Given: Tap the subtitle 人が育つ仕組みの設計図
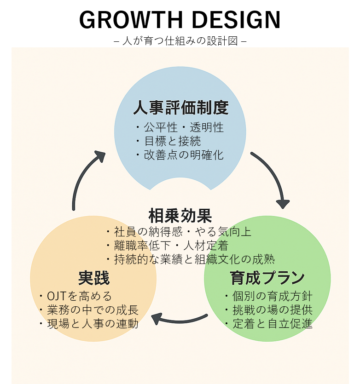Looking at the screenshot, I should pos(180,41).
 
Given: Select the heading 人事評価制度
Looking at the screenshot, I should pos(180,108).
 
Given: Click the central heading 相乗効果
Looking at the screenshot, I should pos(180,215).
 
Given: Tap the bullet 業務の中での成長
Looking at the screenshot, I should pos(92,310).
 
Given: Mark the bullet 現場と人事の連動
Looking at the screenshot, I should pos(92,324).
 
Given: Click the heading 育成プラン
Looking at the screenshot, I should pos(267,278).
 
